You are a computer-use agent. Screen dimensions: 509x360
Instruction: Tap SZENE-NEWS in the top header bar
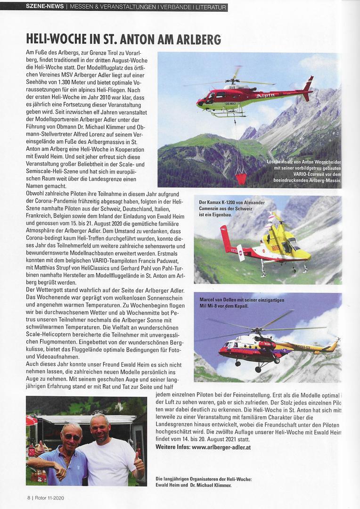45,7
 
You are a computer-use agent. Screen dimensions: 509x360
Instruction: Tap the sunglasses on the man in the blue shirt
72,437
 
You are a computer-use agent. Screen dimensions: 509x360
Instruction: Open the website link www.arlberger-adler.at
221,446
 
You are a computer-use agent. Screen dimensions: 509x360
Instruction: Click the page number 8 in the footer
28,498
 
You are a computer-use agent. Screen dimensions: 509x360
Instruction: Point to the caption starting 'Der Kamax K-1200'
232,208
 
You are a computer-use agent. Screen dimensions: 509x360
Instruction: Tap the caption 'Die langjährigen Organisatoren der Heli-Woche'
204,482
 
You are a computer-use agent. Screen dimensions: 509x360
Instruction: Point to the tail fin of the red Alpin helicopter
309,84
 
